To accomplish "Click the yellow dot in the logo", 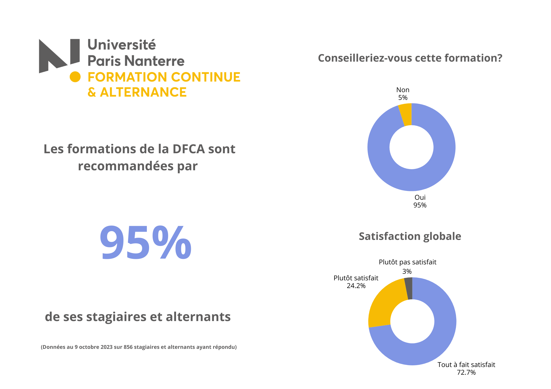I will pyautogui.click(x=75, y=77).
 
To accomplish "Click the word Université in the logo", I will pyautogui.click(x=121, y=45).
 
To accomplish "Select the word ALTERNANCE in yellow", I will pyautogui.click(x=143, y=92).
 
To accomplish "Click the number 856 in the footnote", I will pyautogui.click(x=128, y=347).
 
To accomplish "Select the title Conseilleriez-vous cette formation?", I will pyautogui.click(x=410, y=58).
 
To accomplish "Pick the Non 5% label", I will pyautogui.click(x=403, y=94).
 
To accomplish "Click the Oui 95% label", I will pyautogui.click(x=420, y=201).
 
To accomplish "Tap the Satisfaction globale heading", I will pyautogui.click(x=410, y=236).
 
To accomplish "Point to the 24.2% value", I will pyautogui.click(x=356, y=286).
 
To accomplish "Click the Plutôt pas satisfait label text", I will pyautogui.click(x=407, y=262).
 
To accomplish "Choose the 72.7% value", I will pyautogui.click(x=466, y=372).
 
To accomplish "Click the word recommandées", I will pyautogui.click(x=126, y=166).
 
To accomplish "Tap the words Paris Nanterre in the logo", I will pyautogui.click(x=136, y=61).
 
